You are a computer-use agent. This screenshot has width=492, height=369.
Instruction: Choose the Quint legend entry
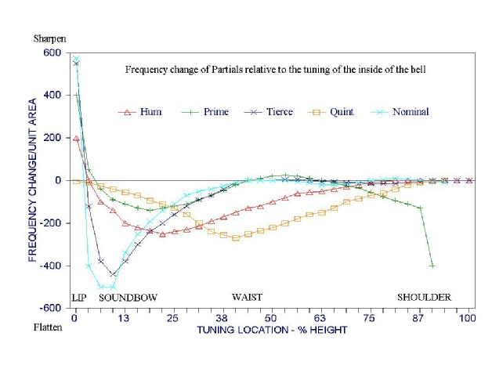(334, 112)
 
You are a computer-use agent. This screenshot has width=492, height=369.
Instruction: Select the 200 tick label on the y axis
(51, 138)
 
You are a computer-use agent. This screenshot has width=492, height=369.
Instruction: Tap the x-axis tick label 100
(468, 318)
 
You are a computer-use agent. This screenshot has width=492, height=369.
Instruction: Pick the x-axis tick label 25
(172, 318)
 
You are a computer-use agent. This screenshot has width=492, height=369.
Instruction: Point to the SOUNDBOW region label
(128, 298)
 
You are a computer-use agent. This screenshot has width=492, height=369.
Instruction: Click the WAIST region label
(247, 298)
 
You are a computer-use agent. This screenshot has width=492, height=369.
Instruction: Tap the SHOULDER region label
(424, 298)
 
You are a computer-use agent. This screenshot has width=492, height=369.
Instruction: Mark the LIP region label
(78, 298)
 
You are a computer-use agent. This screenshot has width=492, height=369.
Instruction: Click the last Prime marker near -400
(432, 266)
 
